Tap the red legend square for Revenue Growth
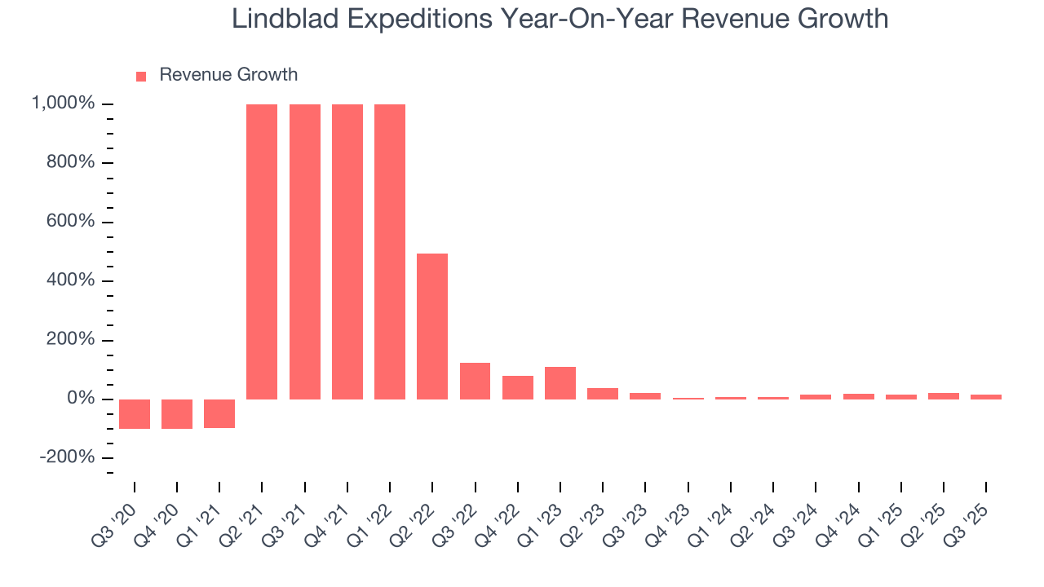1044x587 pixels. point(141,76)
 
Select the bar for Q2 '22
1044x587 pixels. point(432,326)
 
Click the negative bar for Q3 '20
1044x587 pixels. point(135,413)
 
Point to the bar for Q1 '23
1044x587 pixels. point(560,382)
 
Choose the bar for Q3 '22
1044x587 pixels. point(475,381)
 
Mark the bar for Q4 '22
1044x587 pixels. point(518,387)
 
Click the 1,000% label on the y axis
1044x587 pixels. point(63,104)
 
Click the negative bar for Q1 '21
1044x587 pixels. point(219,413)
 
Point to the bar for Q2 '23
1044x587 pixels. point(603,393)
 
